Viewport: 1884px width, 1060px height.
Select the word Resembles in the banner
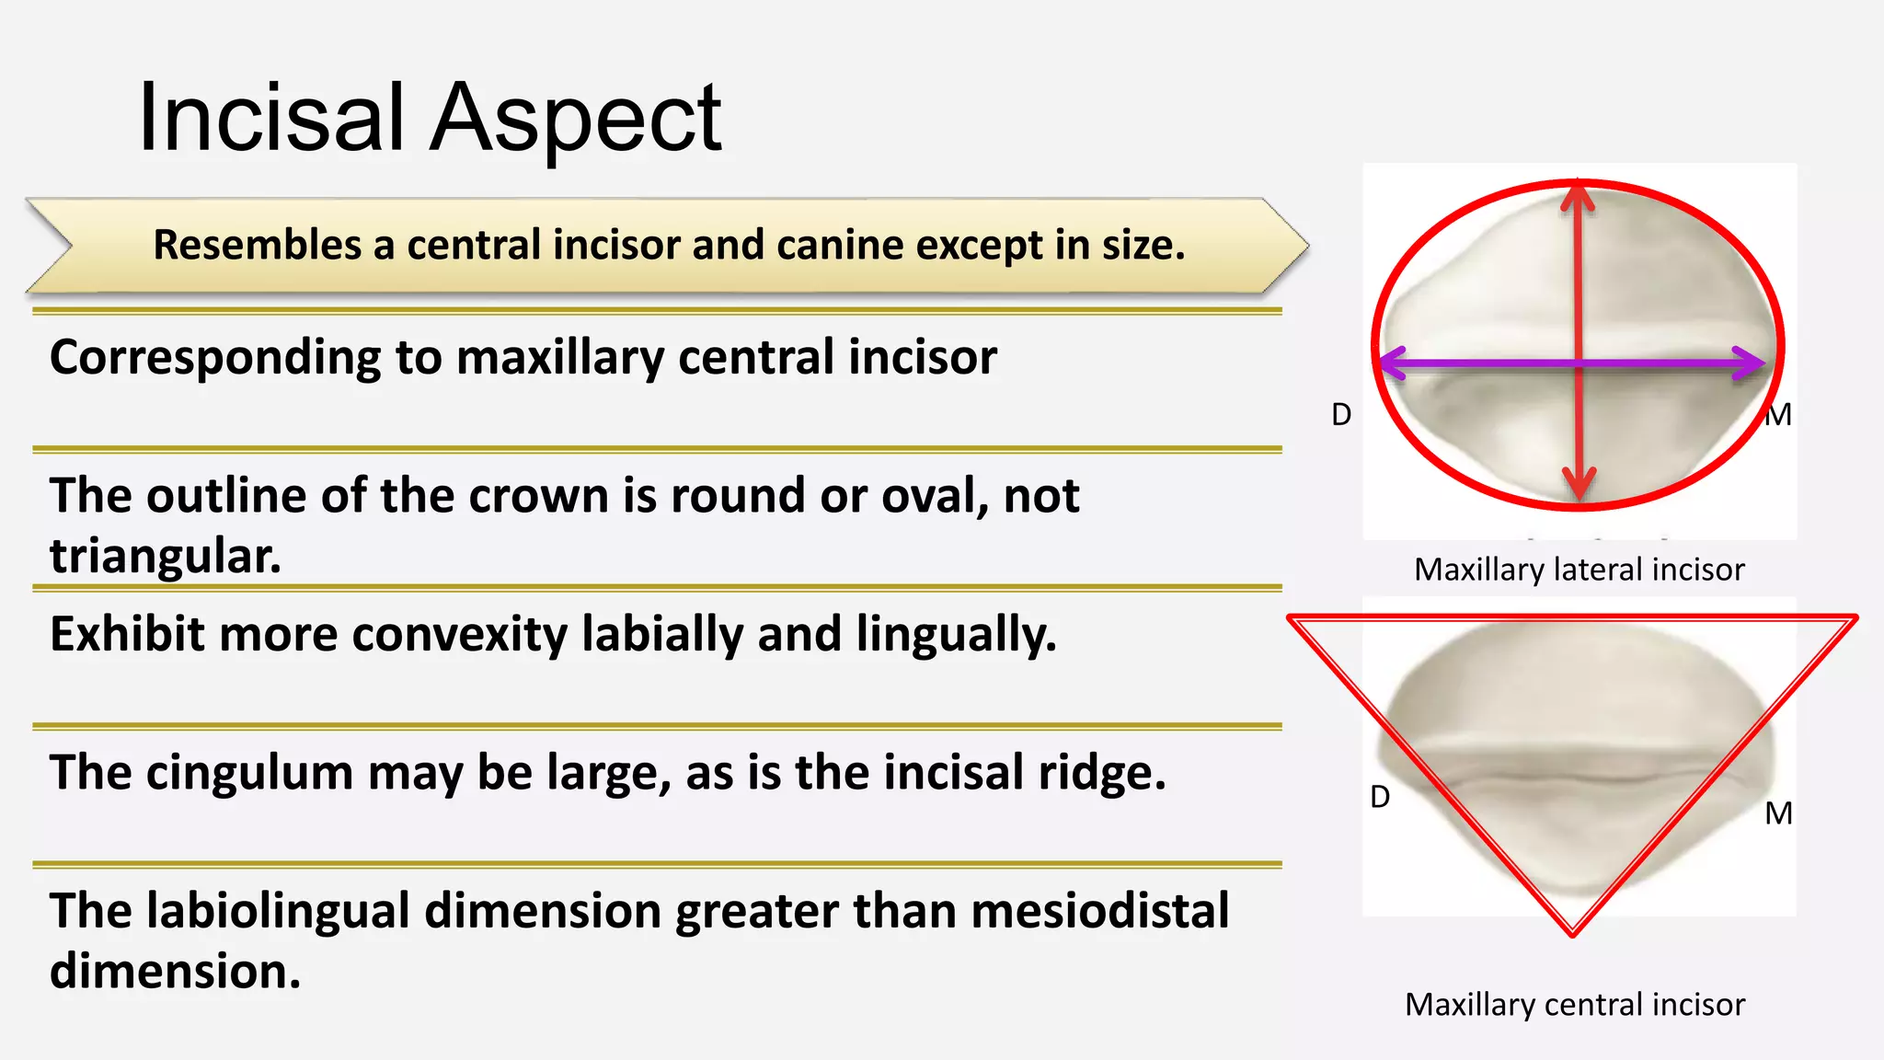pos(257,245)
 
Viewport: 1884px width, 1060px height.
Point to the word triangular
pos(166,556)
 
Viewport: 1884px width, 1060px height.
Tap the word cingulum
pos(249,773)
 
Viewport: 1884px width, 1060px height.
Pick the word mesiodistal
pos(1099,911)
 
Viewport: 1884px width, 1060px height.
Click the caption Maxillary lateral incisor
pos(1579,570)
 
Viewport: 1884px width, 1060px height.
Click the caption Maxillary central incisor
pos(1574,1005)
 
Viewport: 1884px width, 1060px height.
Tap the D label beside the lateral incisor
pos(1341,415)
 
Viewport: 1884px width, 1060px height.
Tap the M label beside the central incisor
pos(1778,813)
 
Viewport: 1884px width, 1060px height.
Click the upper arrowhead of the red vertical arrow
pos(1579,194)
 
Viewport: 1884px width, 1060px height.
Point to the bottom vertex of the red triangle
pos(1573,932)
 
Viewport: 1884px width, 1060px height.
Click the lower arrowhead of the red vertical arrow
pos(1580,485)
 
